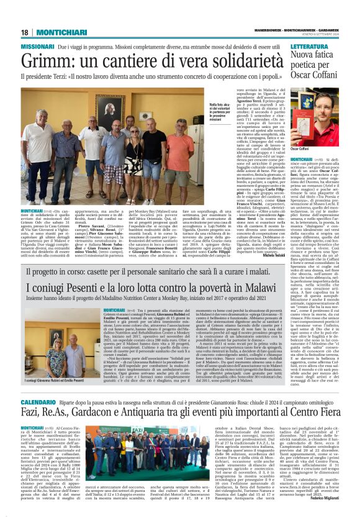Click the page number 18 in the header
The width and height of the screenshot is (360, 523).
click(x=25, y=32)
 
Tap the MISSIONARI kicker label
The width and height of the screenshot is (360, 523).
click(x=37, y=47)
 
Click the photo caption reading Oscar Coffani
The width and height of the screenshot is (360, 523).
click(x=300, y=149)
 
